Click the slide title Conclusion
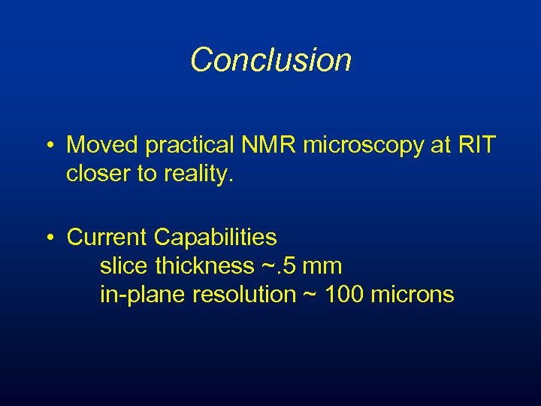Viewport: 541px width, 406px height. click(270, 60)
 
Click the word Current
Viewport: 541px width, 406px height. click(107, 238)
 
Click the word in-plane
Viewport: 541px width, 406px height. click(143, 295)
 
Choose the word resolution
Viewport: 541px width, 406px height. click(244, 295)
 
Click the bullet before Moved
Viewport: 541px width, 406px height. click(50, 145)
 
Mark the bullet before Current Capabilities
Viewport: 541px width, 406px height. click(50, 238)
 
